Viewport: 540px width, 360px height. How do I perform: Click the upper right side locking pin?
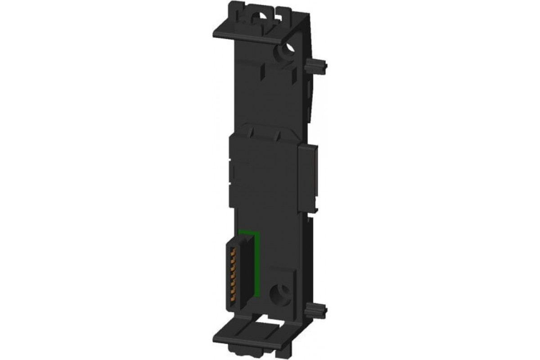point(316,66)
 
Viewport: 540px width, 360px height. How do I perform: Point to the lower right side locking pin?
point(316,310)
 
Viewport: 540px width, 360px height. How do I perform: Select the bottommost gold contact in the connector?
point(233,297)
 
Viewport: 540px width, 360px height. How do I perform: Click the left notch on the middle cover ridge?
point(252,131)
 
